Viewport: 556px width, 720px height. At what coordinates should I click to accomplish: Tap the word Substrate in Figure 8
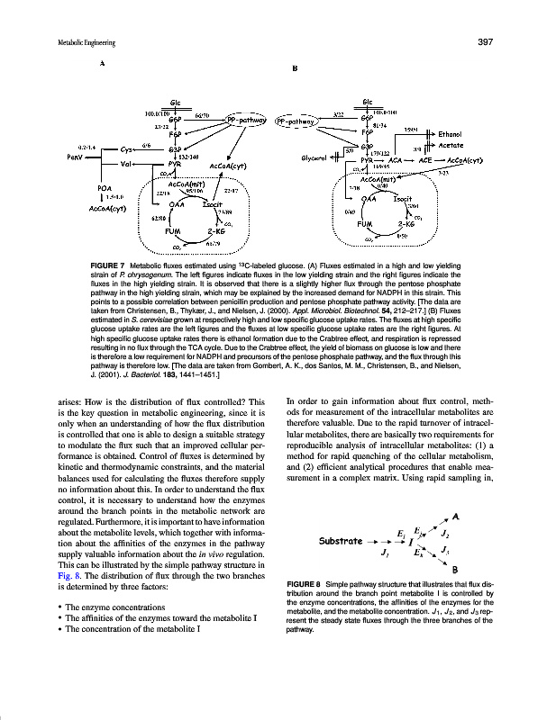[341, 543]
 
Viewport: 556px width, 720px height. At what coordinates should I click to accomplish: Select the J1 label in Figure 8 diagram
[385, 552]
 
